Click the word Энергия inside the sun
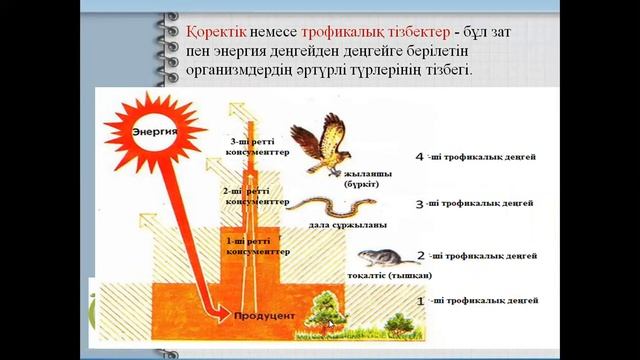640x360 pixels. tap(154, 131)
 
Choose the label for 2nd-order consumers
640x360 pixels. tap(251, 194)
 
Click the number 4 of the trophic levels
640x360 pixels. tap(420, 158)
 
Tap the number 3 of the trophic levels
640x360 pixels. tap(420, 204)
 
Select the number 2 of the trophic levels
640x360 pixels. tap(420, 256)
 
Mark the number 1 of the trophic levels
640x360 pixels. tap(420, 300)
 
